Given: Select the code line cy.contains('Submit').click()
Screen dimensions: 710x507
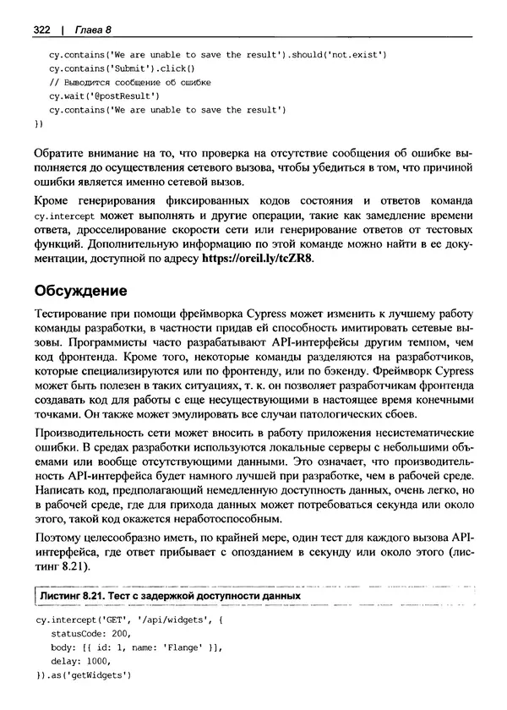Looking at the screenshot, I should tap(122, 68).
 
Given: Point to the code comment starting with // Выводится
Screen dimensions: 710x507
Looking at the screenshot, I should tap(129, 82).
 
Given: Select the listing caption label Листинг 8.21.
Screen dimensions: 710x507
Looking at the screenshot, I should tap(73, 595).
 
